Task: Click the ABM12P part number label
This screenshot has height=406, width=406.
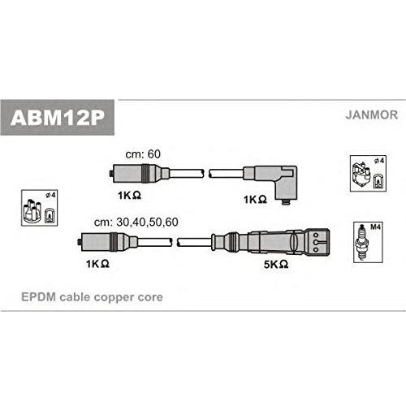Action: (x=58, y=118)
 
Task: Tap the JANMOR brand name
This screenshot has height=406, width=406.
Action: (x=371, y=114)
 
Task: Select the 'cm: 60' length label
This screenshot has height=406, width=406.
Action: (x=143, y=154)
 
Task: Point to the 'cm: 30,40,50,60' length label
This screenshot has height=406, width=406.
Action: (x=136, y=222)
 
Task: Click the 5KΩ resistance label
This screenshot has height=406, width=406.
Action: (x=276, y=264)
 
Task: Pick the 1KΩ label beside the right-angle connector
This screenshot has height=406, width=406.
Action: (x=255, y=200)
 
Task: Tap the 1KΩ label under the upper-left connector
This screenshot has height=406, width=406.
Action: (x=129, y=195)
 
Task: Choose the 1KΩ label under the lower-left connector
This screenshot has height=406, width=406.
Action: (x=97, y=264)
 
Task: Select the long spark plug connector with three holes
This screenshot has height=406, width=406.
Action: (x=270, y=241)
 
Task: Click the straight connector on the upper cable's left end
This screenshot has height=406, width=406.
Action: (x=140, y=174)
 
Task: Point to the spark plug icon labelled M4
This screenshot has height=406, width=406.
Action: (x=363, y=242)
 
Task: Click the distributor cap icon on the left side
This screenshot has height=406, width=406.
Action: (x=32, y=210)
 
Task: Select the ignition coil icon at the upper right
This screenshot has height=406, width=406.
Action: (x=361, y=175)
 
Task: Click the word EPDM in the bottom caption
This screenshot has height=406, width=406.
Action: (x=38, y=297)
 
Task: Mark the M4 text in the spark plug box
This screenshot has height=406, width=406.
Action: (x=375, y=227)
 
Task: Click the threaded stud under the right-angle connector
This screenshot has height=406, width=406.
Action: (x=286, y=202)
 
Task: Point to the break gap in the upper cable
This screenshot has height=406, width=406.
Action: (x=206, y=174)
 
